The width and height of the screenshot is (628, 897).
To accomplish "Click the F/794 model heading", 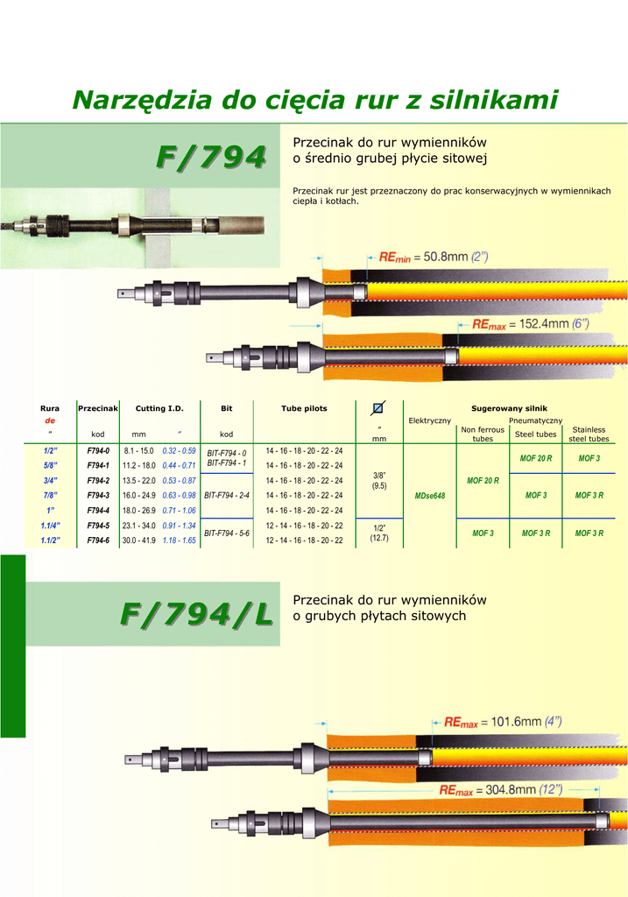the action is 210,157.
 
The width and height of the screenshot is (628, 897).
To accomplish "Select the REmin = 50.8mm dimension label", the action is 434,258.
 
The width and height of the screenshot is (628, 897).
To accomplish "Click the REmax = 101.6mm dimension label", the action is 503,723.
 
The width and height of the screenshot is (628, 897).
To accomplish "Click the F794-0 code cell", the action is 98,450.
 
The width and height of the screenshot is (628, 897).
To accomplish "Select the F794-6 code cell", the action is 98,540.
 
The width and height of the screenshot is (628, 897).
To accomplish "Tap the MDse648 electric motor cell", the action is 429,496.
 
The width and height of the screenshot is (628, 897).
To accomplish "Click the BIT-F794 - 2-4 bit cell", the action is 227,495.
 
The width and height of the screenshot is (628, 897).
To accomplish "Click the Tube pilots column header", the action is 304,408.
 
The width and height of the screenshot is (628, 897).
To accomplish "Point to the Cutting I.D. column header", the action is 159,408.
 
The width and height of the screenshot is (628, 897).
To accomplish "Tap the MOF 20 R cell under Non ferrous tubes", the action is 483,481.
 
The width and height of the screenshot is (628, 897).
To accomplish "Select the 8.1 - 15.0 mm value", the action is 138,450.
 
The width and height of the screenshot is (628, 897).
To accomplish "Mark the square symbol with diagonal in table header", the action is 378,407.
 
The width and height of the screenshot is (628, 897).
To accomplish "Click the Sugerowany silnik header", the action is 509,408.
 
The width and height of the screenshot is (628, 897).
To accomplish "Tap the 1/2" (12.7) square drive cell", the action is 378,533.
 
